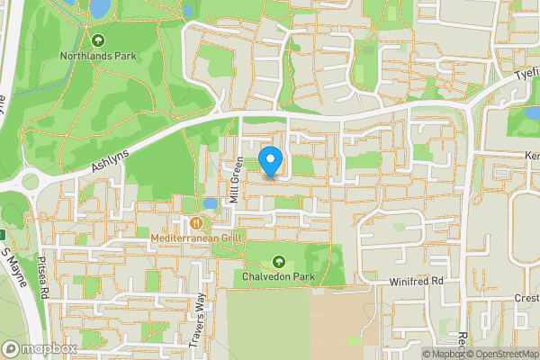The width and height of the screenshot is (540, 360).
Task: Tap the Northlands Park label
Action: coord(98,56)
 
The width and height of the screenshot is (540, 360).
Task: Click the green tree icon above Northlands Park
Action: coord(98,40)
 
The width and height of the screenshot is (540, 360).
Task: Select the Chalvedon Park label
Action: coord(278,276)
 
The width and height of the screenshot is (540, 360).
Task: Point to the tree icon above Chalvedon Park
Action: coord(278,261)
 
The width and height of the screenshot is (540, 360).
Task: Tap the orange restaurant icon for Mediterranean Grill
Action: coord(195,221)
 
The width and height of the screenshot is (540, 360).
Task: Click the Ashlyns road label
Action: coord(110,160)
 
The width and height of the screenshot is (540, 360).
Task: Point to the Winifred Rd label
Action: coord(418,282)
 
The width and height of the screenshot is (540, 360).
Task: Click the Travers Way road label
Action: coord(202,314)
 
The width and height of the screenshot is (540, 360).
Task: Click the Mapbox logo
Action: coord(39,348)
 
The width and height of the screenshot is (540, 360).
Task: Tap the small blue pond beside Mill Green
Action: coord(210,203)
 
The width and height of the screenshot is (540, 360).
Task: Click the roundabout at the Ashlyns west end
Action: coord(30,181)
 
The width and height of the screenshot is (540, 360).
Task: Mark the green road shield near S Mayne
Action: coord(3,236)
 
